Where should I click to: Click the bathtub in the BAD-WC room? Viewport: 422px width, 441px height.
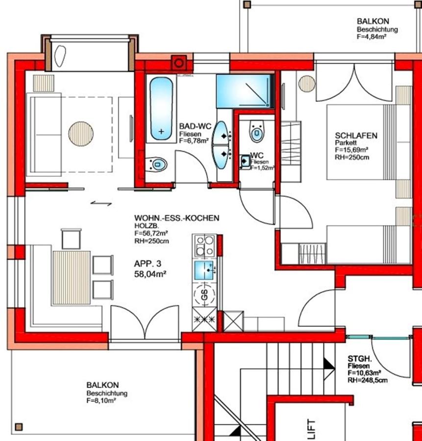(161, 109)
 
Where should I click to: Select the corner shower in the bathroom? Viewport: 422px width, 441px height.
(245, 91)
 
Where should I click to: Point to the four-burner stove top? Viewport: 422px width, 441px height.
(205, 245)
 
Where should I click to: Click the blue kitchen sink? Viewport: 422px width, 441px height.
(204, 270)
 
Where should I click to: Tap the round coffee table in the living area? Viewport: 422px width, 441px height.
(81, 134)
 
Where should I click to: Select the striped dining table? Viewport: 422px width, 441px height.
(72, 278)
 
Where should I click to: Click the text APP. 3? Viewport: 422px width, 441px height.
(148, 264)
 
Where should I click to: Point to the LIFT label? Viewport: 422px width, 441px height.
(311, 429)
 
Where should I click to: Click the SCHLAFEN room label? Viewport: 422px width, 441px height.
(356, 136)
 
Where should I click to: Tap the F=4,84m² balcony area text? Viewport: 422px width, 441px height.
(372, 37)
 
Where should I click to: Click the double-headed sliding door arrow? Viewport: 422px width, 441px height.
(101, 203)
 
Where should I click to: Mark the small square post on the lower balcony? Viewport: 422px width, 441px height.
(19, 427)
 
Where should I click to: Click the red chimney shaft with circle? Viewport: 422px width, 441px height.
(178, 63)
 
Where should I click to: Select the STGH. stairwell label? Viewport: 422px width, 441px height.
(360, 359)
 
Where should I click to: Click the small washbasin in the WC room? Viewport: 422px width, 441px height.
(245, 161)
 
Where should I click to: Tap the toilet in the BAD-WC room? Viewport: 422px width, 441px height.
(156, 164)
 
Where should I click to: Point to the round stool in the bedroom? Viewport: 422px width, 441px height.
(307, 83)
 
